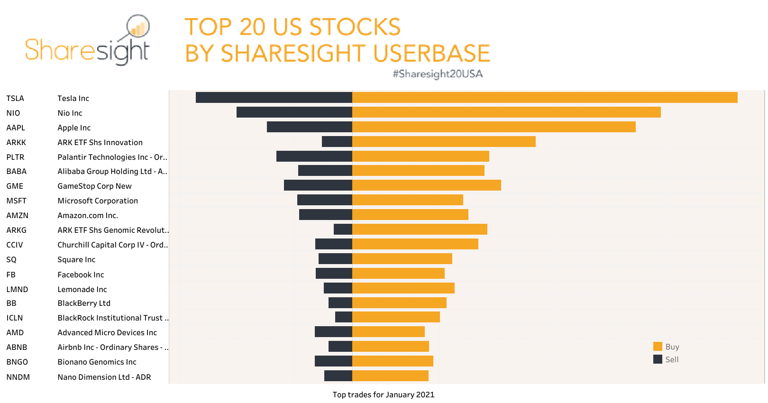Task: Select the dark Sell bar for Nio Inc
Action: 294,112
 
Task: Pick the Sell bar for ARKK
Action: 337,142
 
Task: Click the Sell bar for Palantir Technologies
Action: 314,156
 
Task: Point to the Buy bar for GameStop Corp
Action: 426,185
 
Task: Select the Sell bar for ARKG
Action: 343,229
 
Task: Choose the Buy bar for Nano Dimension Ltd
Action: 390,376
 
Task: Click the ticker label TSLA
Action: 15,98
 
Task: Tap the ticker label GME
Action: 15,186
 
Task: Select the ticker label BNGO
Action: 17,362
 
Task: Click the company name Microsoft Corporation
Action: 98,201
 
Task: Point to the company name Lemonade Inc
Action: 82,289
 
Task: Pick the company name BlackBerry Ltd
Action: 84,303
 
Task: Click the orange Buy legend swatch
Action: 658,347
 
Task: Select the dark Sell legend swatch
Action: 658,359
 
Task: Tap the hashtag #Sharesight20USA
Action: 438,74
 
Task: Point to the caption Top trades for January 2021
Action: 383,394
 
